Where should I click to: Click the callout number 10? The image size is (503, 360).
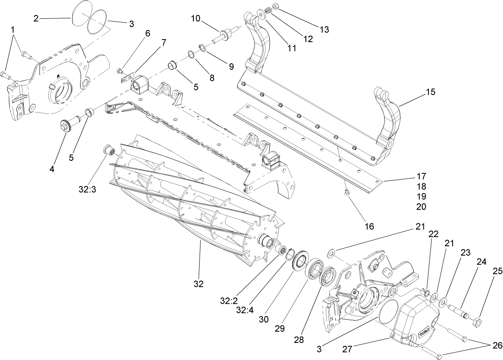196,18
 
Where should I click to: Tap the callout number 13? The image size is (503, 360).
324,30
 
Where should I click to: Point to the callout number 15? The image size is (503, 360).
430,92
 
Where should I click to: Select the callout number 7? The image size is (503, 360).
164,42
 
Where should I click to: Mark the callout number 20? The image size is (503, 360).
420,206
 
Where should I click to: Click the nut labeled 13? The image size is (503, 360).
275,7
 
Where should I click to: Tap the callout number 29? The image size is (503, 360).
280,328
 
